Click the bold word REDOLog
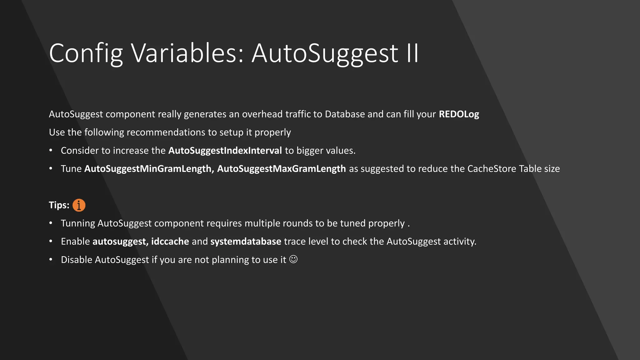(x=459, y=114)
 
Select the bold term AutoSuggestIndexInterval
(x=225, y=151)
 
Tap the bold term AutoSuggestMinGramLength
(x=149, y=169)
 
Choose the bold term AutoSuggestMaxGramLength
(x=281, y=169)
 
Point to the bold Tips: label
(x=59, y=205)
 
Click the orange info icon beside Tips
(x=79, y=205)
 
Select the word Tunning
(x=78, y=223)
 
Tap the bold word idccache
(x=170, y=242)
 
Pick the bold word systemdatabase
(x=246, y=242)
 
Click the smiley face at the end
(x=293, y=259)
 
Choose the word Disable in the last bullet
(x=76, y=260)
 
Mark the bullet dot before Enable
(x=51, y=242)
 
